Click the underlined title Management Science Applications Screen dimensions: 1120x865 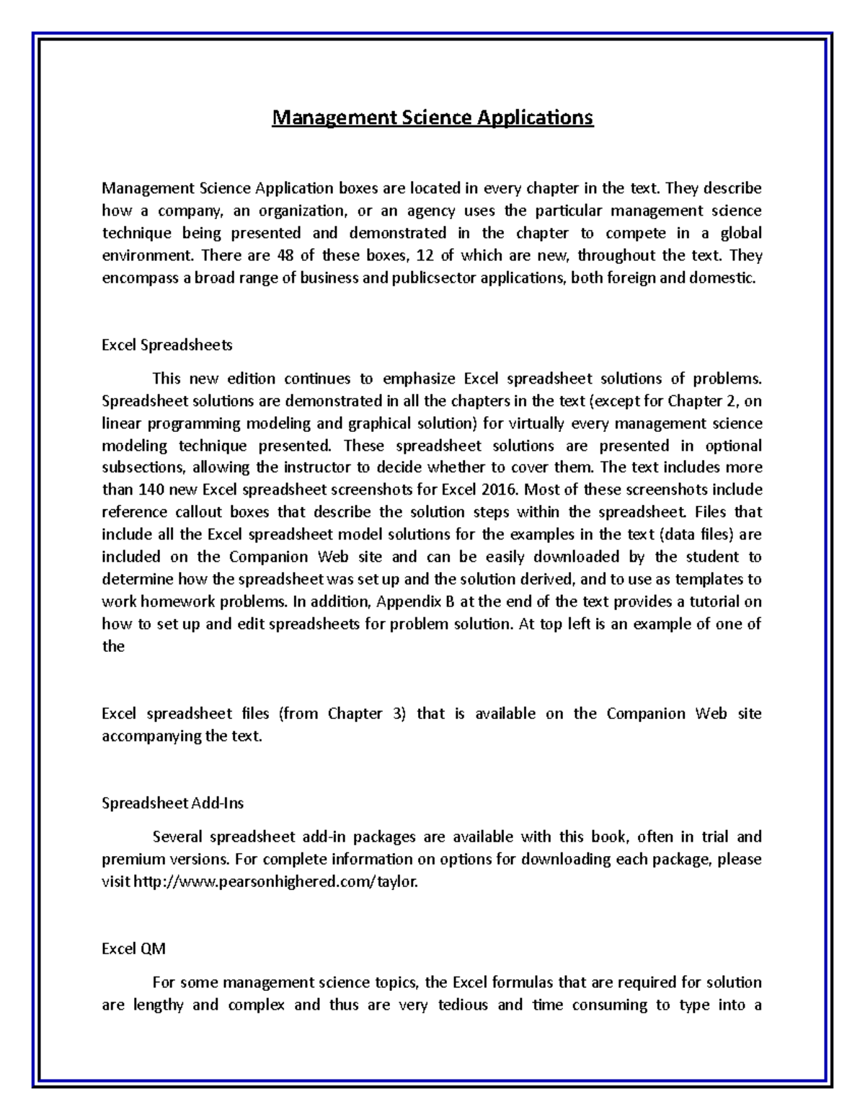click(432, 117)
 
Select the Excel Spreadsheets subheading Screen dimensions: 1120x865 click(167, 345)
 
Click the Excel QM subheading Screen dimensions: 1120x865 click(133, 948)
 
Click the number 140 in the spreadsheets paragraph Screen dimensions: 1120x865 click(143, 490)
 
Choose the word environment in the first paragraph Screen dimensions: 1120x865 click(147, 255)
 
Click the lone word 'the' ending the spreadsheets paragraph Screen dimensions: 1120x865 click(113, 646)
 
